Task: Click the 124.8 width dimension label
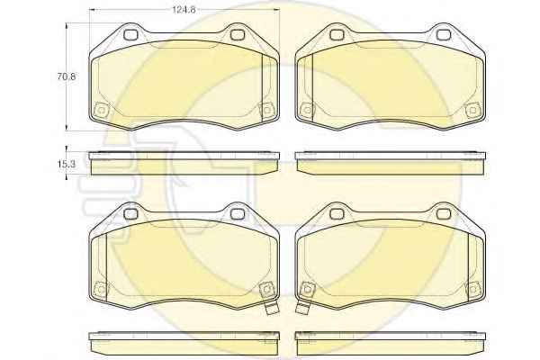(184, 10)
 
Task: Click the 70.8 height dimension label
(67, 76)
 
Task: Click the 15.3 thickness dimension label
(66, 165)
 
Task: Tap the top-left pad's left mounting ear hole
(130, 34)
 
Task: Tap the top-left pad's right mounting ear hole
(237, 34)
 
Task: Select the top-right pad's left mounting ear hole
(337, 34)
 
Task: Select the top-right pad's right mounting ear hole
(443, 34)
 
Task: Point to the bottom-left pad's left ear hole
(130, 214)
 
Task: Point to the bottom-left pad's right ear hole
(237, 214)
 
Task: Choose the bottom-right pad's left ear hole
(337, 214)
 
